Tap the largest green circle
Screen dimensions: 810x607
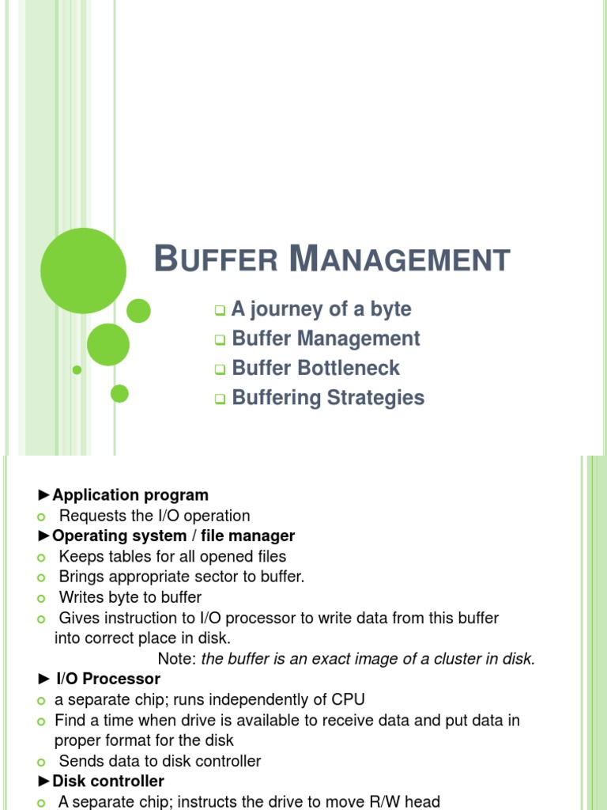tap(83, 271)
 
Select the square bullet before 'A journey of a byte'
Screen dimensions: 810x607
tap(221, 310)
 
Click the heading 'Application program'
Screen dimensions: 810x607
tap(130, 495)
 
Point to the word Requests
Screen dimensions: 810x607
tap(91, 516)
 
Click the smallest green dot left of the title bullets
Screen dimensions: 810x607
tap(77, 369)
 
